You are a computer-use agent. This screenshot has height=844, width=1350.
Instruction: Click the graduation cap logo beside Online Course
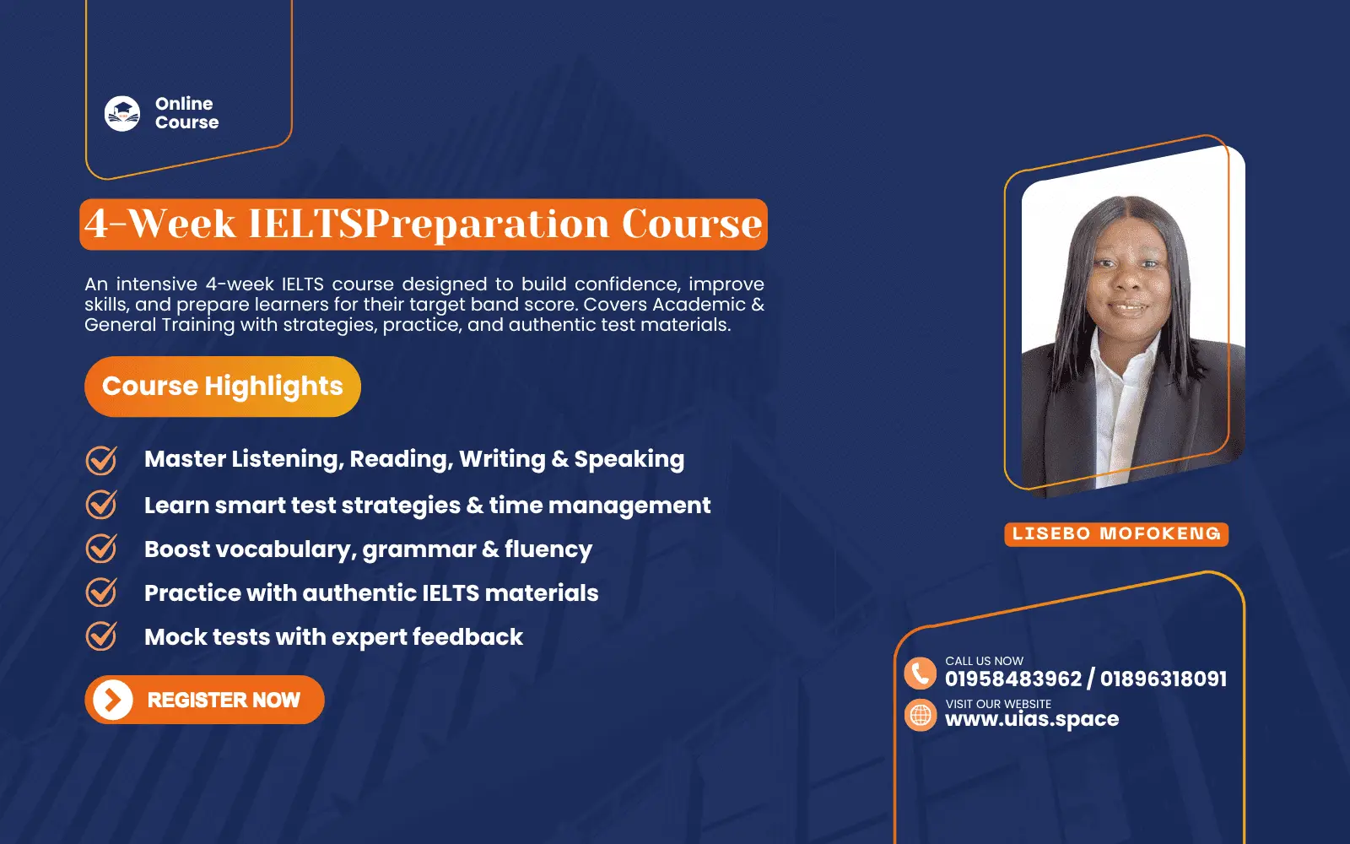[122, 113]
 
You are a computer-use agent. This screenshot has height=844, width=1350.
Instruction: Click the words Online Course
[186, 113]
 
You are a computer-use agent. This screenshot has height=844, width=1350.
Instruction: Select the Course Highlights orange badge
[223, 387]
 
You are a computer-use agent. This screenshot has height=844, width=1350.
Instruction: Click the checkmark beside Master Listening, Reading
[101, 460]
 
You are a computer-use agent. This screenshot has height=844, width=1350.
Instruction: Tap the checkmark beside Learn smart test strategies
[101, 505]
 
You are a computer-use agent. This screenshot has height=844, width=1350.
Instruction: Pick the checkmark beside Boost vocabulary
[101, 549]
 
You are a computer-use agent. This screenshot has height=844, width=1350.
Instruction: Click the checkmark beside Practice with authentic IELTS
[101, 592]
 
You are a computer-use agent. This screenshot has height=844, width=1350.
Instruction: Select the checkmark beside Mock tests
[101, 636]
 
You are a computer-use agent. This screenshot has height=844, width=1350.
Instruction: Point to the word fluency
[548, 550]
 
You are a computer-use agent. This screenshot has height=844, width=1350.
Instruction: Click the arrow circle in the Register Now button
[113, 700]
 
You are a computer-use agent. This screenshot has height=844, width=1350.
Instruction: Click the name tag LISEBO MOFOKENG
[1116, 533]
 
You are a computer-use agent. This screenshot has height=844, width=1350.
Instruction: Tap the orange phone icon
[920, 674]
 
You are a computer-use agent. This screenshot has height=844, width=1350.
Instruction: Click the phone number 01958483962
[1012, 679]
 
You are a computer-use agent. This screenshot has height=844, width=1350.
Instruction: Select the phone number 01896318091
[1164, 679]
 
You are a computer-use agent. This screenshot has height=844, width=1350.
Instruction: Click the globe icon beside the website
[921, 715]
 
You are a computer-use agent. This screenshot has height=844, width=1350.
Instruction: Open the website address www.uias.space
[1032, 719]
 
